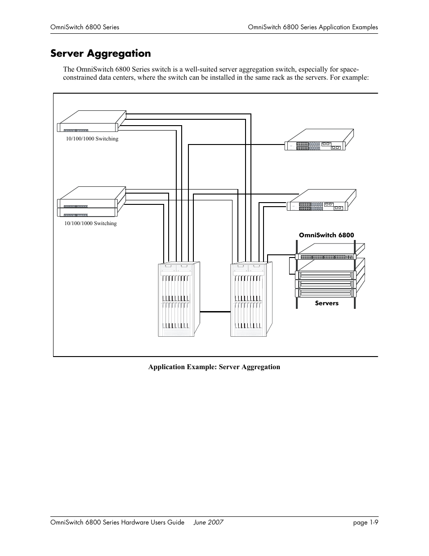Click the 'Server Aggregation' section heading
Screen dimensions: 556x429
click(101, 54)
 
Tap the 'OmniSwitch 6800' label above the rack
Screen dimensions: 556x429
click(326, 235)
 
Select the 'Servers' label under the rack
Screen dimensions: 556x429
click(326, 303)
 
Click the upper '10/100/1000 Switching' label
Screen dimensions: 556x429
click(92, 139)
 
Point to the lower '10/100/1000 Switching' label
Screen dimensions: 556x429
click(90, 223)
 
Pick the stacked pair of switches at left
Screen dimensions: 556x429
click(91, 202)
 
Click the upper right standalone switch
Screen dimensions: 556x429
click(318, 140)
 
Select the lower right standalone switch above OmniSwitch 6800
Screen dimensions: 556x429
click(321, 201)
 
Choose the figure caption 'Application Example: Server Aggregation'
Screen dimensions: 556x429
click(214, 367)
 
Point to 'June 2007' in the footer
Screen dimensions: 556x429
click(208, 522)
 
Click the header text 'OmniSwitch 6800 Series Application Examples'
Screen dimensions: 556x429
click(313, 27)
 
